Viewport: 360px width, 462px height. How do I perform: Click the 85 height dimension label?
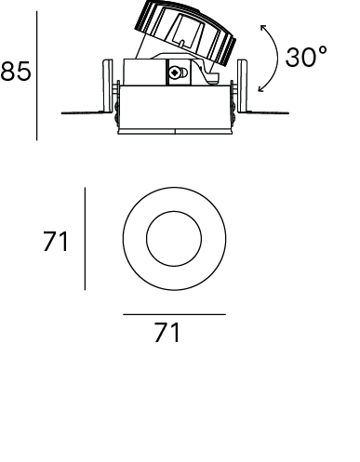(16, 72)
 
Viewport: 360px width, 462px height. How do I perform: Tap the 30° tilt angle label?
(306, 57)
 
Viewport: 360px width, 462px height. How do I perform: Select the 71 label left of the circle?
(55, 242)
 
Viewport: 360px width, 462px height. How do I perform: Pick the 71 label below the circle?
(167, 332)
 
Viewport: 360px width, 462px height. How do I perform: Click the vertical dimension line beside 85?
(36, 76)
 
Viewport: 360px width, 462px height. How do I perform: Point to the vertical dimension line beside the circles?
(85, 239)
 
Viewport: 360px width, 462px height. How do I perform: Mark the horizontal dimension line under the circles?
(174, 314)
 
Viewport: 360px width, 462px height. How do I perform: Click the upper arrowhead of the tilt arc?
(263, 27)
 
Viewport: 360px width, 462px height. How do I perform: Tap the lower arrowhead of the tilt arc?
(261, 89)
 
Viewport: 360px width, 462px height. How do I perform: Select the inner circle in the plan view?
(174, 212)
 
